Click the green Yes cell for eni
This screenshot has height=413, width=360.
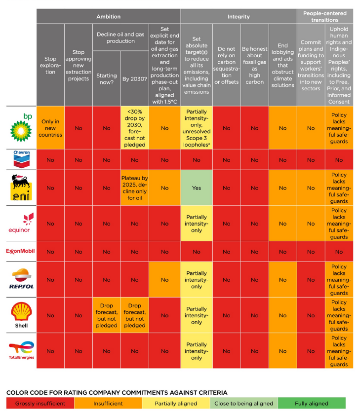[x=197, y=188]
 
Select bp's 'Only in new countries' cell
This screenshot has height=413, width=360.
[x=50, y=128]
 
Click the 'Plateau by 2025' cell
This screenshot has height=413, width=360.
[x=135, y=188]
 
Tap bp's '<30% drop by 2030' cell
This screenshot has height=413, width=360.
[x=135, y=128]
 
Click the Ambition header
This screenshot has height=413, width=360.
[x=108, y=16]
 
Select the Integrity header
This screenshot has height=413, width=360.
[x=238, y=16]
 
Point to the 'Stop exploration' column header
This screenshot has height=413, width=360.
[x=50, y=65]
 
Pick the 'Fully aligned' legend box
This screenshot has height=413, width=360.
[x=312, y=403]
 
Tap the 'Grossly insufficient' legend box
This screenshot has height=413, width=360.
[x=40, y=403]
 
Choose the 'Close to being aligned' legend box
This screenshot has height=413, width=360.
[x=243, y=403]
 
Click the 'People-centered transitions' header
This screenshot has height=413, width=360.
[x=325, y=16]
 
